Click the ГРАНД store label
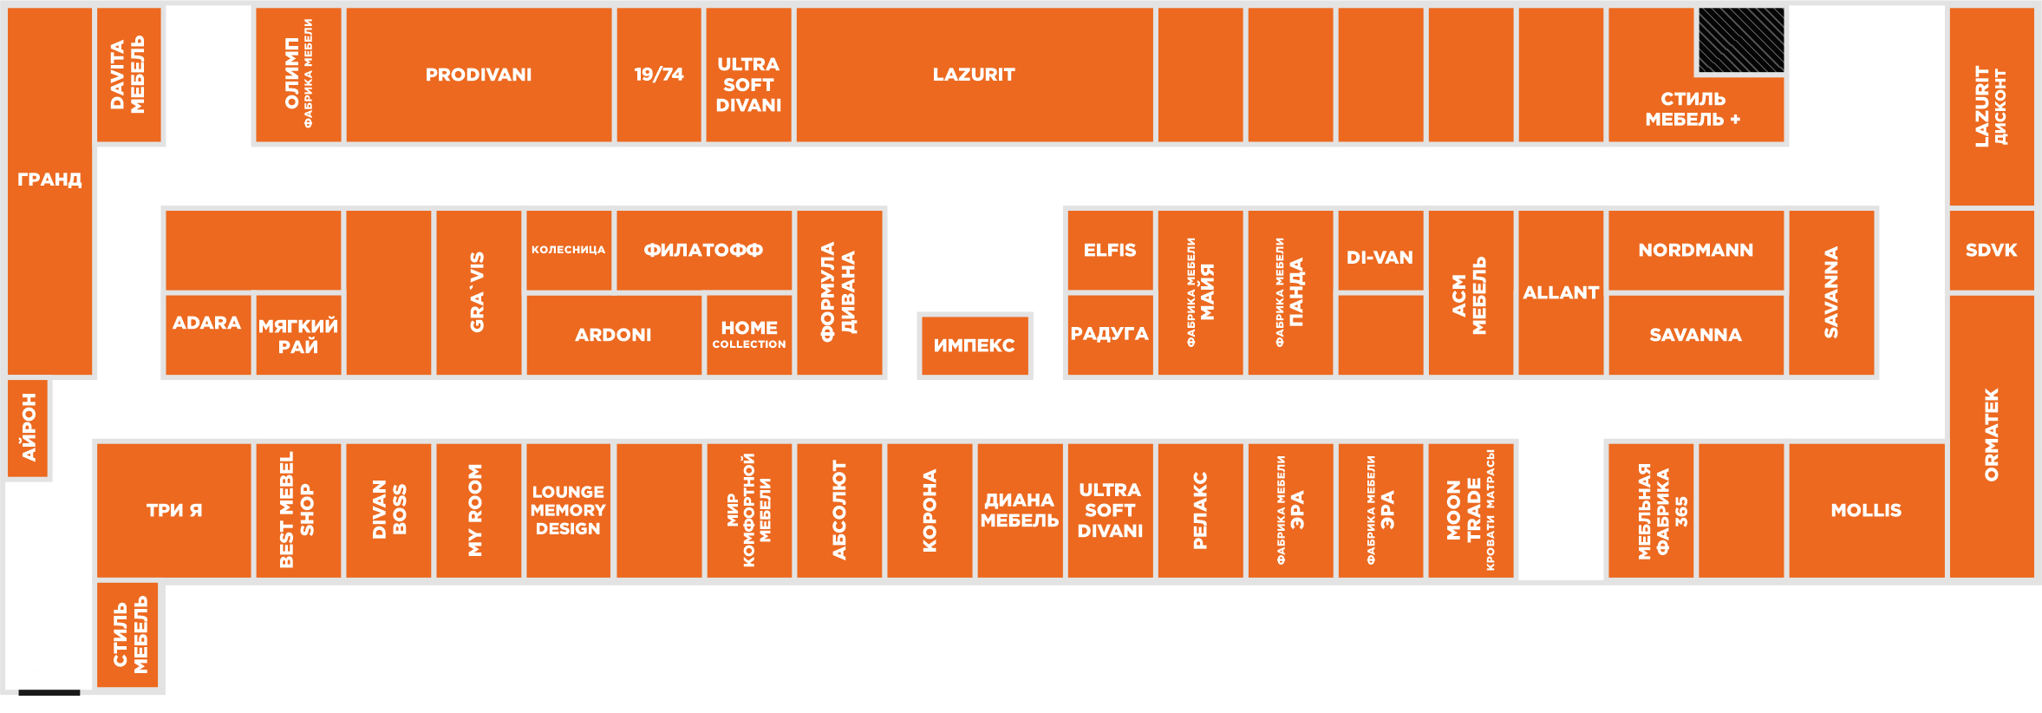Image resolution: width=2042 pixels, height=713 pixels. [x=49, y=180]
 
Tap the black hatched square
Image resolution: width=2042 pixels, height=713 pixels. [x=1741, y=40]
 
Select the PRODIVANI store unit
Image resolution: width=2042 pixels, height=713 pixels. [x=479, y=75]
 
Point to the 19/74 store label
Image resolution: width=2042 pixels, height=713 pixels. [x=659, y=75]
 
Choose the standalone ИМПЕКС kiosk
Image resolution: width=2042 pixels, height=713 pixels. [x=975, y=345]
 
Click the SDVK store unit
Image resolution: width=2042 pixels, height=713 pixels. [x=1992, y=250]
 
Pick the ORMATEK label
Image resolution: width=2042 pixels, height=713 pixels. [x=1992, y=435]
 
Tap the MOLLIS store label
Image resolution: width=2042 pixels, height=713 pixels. [x=1866, y=510]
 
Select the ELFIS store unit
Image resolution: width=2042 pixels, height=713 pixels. [x=1110, y=250]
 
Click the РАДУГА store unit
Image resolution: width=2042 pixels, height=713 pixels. [x=1110, y=335]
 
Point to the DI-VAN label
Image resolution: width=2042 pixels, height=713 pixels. [x=1380, y=258]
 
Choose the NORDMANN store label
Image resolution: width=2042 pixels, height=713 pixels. [x=1696, y=250]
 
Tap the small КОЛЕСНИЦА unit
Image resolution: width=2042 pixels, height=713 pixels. [x=569, y=250]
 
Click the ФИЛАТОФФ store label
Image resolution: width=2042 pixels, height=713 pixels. [x=703, y=250]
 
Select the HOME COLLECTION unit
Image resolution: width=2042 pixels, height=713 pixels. [x=749, y=335]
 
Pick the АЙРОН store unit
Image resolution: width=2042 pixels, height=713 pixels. [x=29, y=428]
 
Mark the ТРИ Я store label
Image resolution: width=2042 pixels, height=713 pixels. [x=174, y=510]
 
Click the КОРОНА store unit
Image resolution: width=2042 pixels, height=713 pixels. [x=930, y=510]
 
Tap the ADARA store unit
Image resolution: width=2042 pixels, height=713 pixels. [x=208, y=335]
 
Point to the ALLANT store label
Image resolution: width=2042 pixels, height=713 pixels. [x=1561, y=292]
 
